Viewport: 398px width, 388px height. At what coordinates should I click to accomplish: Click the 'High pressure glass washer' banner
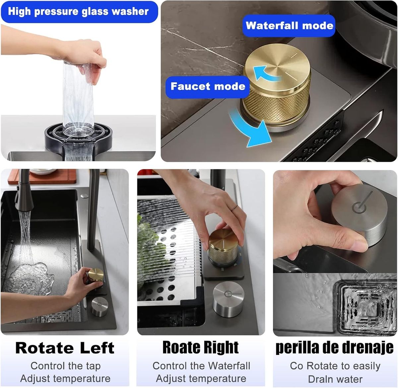[x=79, y=12]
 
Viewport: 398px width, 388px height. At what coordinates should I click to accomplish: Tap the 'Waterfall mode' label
[x=289, y=26]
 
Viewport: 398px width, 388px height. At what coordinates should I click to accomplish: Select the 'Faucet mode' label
[x=208, y=86]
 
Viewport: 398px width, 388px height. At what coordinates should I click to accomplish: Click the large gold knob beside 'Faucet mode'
[x=277, y=87]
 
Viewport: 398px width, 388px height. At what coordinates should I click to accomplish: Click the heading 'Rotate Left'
[x=65, y=348]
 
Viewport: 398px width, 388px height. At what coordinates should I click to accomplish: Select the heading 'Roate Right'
[x=201, y=347]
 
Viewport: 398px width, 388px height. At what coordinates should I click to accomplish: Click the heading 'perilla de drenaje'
[x=335, y=348]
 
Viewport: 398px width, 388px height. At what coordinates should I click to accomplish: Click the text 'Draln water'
[x=335, y=379]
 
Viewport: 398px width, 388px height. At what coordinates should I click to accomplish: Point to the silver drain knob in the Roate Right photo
[x=229, y=299]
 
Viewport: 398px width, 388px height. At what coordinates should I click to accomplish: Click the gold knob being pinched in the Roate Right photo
[x=223, y=247]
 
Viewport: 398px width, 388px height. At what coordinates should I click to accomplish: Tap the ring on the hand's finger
[x=234, y=208]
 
